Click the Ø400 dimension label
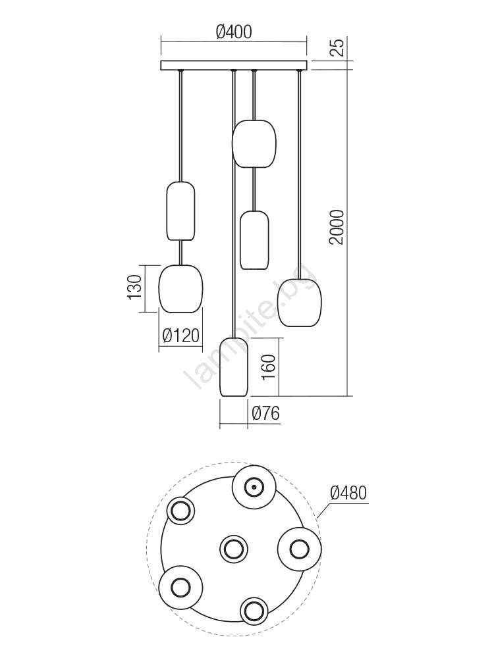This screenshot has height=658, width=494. click(234, 32)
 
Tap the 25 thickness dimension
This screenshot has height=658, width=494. click(337, 47)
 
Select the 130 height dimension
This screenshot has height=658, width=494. click(134, 288)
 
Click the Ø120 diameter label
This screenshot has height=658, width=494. click(180, 336)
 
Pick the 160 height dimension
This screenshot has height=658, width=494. click(269, 367)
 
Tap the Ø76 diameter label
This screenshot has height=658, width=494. click(265, 414)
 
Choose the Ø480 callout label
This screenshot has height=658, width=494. click(348, 493)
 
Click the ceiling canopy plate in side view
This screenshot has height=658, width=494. click(234, 65)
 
